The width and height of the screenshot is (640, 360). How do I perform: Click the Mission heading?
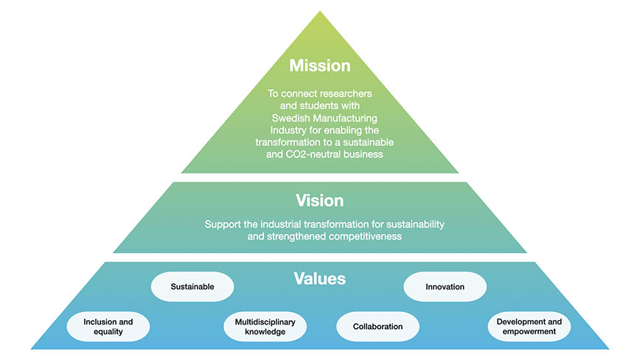pyautogui.click(x=320, y=66)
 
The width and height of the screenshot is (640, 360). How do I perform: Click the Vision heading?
pyautogui.click(x=320, y=201)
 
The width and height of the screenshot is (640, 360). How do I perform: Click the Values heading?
pyautogui.click(x=320, y=279)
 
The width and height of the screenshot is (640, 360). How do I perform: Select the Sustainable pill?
pyautogui.click(x=192, y=286)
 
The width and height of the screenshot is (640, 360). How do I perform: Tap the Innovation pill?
pyautogui.click(x=445, y=286)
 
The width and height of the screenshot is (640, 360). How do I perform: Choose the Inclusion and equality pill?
pyautogui.click(x=108, y=327)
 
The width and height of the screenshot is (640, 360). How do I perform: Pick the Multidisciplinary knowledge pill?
pyautogui.click(x=265, y=327)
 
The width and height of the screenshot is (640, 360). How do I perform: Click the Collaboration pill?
pyautogui.click(x=378, y=327)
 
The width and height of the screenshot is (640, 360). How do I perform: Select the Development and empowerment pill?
pyautogui.click(x=529, y=327)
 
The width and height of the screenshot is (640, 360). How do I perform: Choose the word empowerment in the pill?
pyautogui.click(x=529, y=332)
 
